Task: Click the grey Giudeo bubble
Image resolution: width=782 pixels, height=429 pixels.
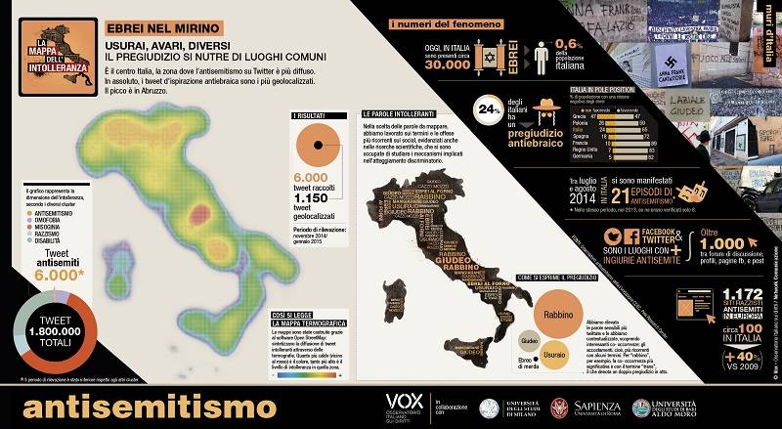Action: point(526,339)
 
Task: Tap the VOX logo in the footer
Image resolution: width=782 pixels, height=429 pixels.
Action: point(404,402)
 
